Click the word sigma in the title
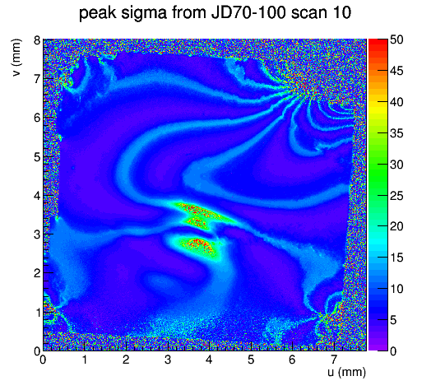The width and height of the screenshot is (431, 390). [x=143, y=14]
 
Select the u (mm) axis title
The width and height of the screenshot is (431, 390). [x=346, y=372]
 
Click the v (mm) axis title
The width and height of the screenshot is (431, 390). [x=16, y=58]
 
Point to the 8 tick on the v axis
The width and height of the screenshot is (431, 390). [x=37, y=40]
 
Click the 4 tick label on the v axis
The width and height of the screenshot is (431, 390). [x=37, y=196]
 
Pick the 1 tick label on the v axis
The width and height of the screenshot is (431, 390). [x=37, y=313]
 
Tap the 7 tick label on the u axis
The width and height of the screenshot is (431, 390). [x=333, y=360]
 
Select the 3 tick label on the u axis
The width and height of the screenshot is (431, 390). [x=168, y=360]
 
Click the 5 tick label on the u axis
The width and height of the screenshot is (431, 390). [x=251, y=360]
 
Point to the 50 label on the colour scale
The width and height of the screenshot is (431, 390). [x=396, y=39]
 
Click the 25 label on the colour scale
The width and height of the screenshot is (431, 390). [x=396, y=196]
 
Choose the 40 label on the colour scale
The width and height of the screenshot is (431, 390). [x=396, y=102]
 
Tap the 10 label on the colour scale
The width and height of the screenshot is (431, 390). [x=396, y=289]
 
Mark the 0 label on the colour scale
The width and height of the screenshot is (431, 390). [x=393, y=351]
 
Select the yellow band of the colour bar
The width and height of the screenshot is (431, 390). [x=378, y=107]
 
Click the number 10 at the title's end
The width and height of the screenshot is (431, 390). [x=343, y=13]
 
